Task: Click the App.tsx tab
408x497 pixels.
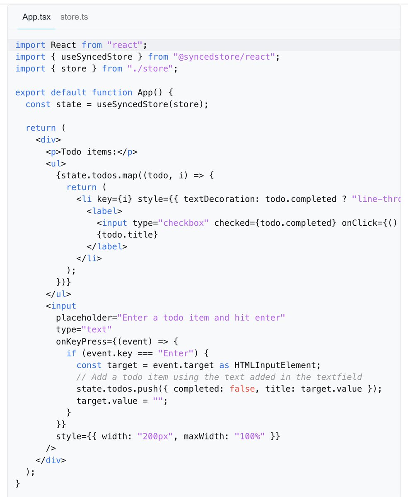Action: click(36, 17)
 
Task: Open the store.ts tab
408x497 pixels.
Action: click(74, 17)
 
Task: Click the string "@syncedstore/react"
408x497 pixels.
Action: click(224, 57)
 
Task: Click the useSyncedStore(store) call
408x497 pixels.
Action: click(150, 104)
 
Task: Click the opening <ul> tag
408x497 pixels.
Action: click(56, 163)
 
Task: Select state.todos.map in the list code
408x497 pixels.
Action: click(92, 175)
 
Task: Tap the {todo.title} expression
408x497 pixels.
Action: click(127, 234)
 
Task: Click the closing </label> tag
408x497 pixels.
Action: click(107, 246)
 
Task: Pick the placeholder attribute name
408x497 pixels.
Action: click(84, 318)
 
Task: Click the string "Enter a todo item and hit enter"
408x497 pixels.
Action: click(202, 318)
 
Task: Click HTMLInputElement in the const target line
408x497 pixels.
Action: click(277, 365)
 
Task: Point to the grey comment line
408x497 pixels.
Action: click(219, 377)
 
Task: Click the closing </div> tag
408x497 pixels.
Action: click(51, 460)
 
